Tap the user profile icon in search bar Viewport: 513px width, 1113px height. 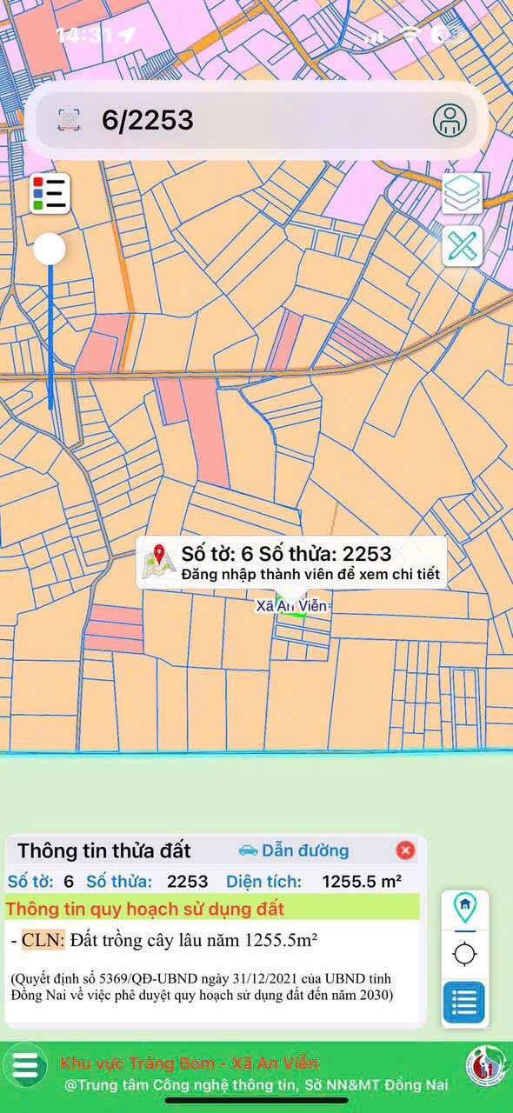(450, 120)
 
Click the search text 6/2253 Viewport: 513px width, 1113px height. (147, 120)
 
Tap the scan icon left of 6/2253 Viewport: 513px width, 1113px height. (70, 120)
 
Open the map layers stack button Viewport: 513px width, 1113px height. (463, 193)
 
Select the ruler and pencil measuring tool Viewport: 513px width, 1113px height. (463, 247)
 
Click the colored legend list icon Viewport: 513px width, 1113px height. (50, 194)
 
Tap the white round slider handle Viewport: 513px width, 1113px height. (50, 250)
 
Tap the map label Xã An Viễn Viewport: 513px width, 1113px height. (293, 605)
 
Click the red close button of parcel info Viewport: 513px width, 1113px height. (405, 850)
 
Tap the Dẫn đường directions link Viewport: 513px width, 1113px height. (294, 850)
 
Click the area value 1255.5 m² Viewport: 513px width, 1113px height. (362, 881)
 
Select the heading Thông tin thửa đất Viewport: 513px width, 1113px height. (104, 850)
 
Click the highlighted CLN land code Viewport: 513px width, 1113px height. (43, 940)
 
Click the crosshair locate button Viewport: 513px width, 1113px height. (465, 955)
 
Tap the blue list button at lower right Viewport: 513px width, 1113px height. (464, 1003)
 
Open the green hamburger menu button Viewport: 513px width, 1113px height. (25, 1065)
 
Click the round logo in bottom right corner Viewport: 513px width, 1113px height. (484, 1065)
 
